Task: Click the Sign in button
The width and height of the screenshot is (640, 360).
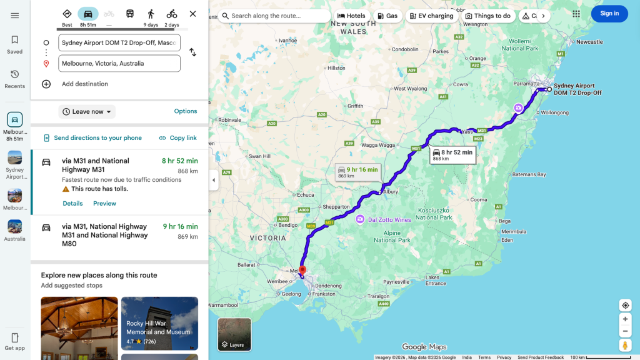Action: click(x=609, y=14)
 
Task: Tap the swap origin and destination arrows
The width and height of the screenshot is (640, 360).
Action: click(x=192, y=52)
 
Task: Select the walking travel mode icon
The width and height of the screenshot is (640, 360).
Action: click(x=151, y=14)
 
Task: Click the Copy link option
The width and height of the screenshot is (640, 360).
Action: click(x=177, y=138)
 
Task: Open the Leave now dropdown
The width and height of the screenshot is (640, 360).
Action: click(x=87, y=112)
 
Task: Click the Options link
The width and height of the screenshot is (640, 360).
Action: click(x=186, y=111)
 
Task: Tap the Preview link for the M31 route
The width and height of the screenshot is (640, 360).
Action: click(x=104, y=204)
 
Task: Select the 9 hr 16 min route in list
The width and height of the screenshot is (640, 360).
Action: click(x=119, y=235)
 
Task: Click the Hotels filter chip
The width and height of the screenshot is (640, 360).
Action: click(x=351, y=16)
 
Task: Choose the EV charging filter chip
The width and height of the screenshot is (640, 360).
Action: click(x=431, y=16)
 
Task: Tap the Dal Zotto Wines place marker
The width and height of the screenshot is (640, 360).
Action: click(x=361, y=219)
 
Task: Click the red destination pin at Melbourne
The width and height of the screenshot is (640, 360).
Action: click(x=302, y=271)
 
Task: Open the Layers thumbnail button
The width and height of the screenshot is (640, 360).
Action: click(x=234, y=334)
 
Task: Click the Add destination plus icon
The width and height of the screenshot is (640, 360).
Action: click(x=46, y=84)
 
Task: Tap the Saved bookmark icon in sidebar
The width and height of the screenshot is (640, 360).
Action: click(x=14, y=40)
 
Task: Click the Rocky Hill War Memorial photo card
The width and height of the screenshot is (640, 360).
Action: click(x=159, y=323)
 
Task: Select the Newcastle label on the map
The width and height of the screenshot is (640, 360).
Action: click(x=589, y=42)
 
